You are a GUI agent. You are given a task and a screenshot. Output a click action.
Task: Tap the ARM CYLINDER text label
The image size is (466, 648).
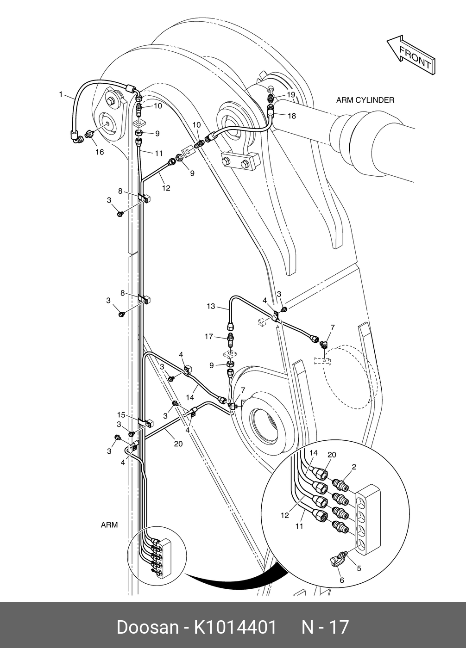365,100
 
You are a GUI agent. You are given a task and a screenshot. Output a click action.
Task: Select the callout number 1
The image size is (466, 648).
61,94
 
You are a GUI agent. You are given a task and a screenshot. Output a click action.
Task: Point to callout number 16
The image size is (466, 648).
100,152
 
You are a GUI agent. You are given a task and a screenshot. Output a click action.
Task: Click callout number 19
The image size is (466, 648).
290,94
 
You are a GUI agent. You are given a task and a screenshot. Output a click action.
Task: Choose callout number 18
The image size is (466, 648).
291,116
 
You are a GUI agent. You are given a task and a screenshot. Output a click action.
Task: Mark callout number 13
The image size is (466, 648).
211,306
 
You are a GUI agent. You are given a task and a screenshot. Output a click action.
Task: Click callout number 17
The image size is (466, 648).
209,337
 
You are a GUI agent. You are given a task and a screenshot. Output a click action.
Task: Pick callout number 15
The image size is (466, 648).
121,414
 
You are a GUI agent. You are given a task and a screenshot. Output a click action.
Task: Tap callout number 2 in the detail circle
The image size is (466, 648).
354,467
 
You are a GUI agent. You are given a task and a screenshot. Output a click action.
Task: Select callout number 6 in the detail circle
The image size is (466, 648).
342,580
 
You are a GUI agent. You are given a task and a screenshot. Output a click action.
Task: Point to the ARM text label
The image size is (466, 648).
109,525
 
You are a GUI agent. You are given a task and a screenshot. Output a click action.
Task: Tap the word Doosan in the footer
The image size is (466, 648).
147,627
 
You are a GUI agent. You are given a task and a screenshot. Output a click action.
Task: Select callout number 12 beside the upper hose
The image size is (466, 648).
166,188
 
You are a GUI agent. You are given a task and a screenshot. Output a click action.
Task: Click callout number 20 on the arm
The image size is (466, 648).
178,444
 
